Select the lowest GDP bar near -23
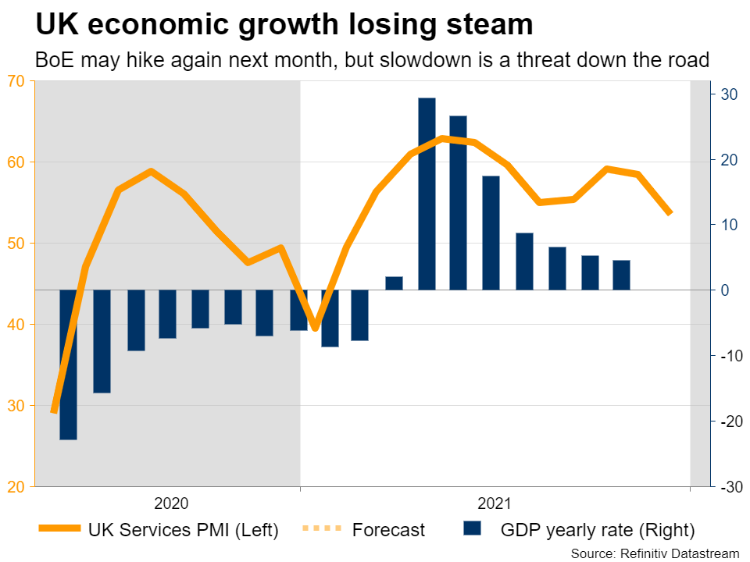point(68,365)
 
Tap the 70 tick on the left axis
point(16,80)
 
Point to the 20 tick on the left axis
point(16,486)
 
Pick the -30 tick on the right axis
point(727,486)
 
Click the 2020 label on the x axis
point(171,503)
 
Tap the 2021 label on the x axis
point(495,503)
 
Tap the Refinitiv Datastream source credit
point(655,553)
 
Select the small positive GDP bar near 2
point(394,283)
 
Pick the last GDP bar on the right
point(621,275)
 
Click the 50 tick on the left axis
point(16,243)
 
